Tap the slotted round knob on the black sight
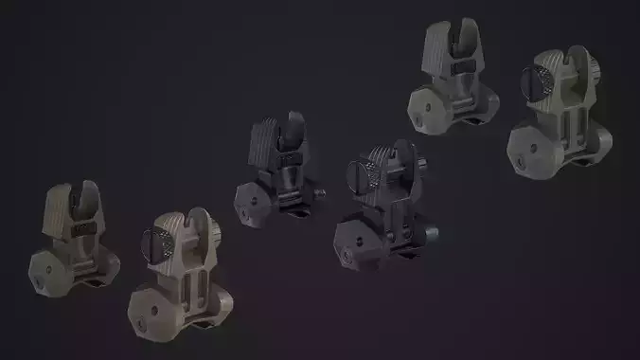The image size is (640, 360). [363, 175]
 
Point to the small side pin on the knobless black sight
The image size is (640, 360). [321, 194]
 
